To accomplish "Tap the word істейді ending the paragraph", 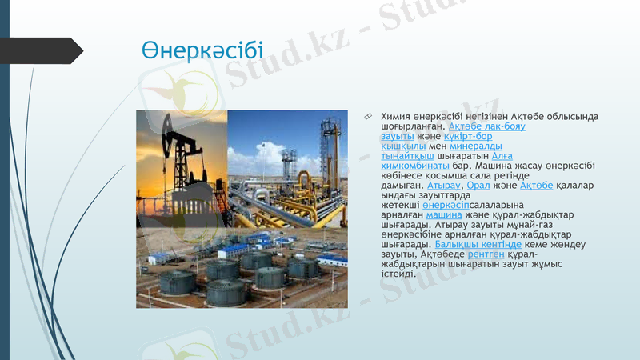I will click(397, 274).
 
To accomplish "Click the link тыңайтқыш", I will click(407, 156).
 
